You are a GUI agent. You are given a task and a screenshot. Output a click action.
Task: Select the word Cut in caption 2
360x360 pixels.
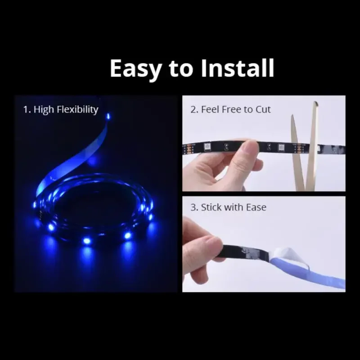tap(263, 109)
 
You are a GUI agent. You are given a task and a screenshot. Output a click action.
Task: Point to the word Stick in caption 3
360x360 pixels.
tap(211, 207)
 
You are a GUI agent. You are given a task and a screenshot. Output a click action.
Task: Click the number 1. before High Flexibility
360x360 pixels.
tap(27, 109)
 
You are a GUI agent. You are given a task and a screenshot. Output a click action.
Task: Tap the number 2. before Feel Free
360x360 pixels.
tap(194, 109)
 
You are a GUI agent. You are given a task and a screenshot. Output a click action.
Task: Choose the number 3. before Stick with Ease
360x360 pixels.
tap(194, 207)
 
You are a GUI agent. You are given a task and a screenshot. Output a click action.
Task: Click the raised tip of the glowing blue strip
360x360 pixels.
tap(107, 118)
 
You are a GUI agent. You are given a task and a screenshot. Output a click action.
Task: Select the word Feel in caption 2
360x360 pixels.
tap(211, 109)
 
